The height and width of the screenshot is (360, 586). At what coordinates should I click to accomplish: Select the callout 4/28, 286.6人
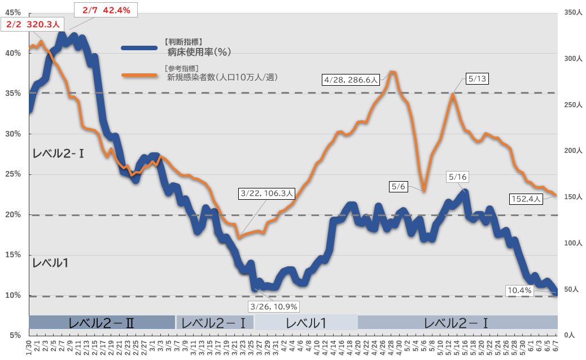350,80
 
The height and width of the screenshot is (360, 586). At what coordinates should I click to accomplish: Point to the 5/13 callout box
476,79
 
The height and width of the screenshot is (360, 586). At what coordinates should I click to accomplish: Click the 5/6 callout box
398,185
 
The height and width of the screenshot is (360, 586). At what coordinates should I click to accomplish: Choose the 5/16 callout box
458,177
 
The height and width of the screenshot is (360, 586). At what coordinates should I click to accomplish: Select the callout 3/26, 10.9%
274,306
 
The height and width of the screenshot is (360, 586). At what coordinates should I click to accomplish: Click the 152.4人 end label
526,199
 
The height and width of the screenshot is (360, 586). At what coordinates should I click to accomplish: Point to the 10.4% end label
520,290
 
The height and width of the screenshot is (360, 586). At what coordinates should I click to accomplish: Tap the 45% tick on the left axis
13,12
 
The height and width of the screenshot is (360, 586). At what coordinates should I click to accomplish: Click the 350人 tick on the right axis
572,12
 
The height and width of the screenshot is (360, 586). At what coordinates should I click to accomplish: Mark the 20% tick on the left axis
13,215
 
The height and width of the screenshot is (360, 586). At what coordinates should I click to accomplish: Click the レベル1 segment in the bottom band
306,323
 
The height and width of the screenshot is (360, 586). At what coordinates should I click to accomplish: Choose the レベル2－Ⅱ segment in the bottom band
102,323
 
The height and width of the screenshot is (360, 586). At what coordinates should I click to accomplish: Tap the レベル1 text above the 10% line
50,262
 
